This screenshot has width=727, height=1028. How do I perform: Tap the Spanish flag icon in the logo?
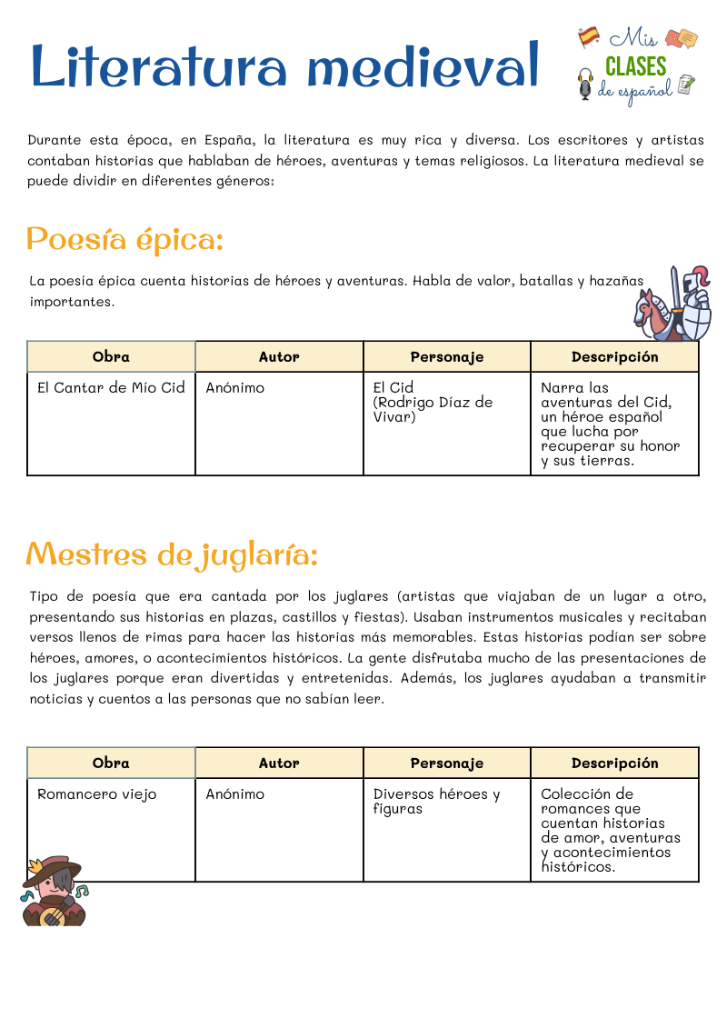pyautogui.click(x=589, y=36)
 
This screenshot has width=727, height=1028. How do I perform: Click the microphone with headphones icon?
pyautogui.click(x=585, y=85)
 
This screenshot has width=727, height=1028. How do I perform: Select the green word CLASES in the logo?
pyautogui.click(x=635, y=66)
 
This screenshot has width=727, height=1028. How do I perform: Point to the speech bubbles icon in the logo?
pyautogui.click(x=682, y=38)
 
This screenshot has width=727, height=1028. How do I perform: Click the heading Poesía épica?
pyautogui.click(x=124, y=240)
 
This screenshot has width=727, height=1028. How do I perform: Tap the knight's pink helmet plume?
pyautogui.click(x=701, y=272)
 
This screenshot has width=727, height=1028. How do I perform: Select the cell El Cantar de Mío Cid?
pyautogui.click(x=111, y=388)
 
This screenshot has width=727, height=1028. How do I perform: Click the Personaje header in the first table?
pyautogui.click(x=446, y=357)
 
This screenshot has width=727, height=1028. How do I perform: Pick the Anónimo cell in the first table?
pyautogui.click(x=235, y=388)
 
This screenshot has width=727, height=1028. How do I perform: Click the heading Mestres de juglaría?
pyautogui.click(x=172, y=554)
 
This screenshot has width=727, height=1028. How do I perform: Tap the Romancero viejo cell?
pyautogui.click(x=97, y=794)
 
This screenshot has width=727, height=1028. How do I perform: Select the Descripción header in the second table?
pyautogui.click(x=614, y=764)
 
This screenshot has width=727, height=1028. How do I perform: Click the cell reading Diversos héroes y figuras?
pyautogui.click(x=436, y=801)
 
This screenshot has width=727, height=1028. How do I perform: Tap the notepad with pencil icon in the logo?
pyautogui.click(x=686, y=85)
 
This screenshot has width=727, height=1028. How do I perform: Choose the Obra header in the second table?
pyautogui.click(x=111, y=764)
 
